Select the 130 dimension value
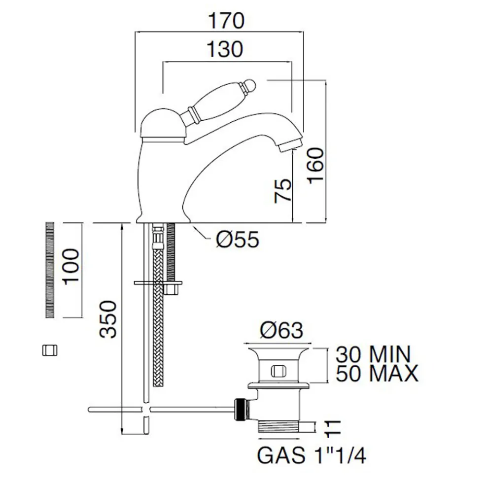pos(225,49)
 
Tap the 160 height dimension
pos(316,166)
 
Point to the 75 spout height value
pos(283,191)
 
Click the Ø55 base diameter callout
pos(238,240)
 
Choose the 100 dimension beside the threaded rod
pos(71,266)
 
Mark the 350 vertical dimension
pos(108,319)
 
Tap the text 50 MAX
pos(377,373)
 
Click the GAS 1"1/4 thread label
pos(312,455)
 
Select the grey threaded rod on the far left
pos(50,270)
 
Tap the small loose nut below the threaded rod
pos(50,350)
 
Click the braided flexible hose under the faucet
pos(158,307)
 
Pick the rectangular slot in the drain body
pos(279,371)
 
